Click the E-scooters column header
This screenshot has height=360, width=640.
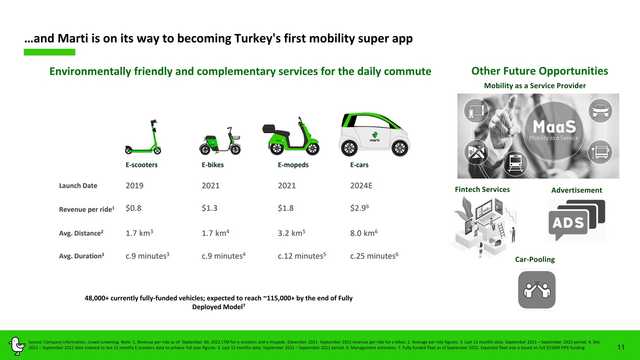click(141, 165)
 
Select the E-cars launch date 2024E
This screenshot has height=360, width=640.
click(361, 186)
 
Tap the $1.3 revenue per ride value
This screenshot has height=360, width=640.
click(209, 208)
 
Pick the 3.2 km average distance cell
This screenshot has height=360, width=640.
click(291, 233)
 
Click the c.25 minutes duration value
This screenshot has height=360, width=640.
click(374, 256)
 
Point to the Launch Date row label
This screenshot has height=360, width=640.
click(78, 186)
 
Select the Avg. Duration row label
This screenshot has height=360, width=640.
click(81, 256)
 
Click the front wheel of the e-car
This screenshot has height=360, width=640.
click(400, 148)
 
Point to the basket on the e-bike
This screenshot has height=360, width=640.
click(236, 137)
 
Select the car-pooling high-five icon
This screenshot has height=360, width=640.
click(537, 290)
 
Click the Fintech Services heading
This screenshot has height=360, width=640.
click(482, 190)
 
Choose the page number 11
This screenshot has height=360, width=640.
click(621, 347)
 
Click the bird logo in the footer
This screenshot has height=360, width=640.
click(17, 346)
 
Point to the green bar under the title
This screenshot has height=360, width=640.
click(50, 52)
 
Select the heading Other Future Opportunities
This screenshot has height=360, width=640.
click(540, 71)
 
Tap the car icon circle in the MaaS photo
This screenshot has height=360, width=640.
click(600, 111)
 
